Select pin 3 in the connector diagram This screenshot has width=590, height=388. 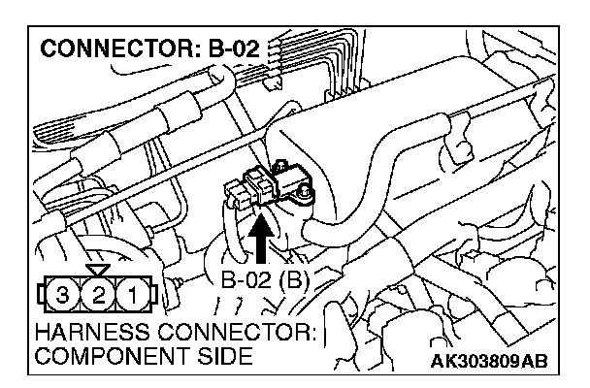coord(62,292)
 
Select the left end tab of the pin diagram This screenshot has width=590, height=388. coord(38,292)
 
